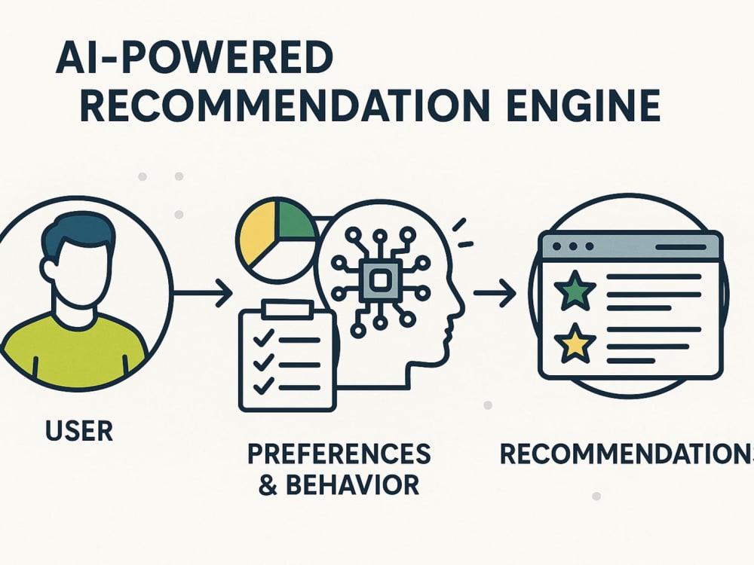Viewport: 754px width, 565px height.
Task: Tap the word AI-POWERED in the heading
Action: (195, 58)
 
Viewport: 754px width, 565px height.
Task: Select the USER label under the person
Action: (79, 430)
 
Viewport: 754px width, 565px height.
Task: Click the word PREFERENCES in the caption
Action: (339, 454)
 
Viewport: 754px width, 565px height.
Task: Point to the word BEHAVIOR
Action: (352, 484)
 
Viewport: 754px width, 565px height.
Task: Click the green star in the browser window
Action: (575, 290)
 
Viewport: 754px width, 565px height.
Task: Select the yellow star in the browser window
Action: (575, 344)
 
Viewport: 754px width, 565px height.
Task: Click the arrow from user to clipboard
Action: (202, 292)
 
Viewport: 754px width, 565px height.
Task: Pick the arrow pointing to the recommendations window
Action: (495, 292)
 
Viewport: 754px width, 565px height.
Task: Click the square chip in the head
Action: (381, 280)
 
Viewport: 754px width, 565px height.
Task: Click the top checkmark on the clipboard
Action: (263, 338)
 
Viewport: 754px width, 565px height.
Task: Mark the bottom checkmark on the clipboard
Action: (263, 385)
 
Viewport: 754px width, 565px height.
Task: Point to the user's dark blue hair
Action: (77, 235)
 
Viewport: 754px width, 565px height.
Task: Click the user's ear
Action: (48, 270)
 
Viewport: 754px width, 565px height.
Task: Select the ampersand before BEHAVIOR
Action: (268, 485)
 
